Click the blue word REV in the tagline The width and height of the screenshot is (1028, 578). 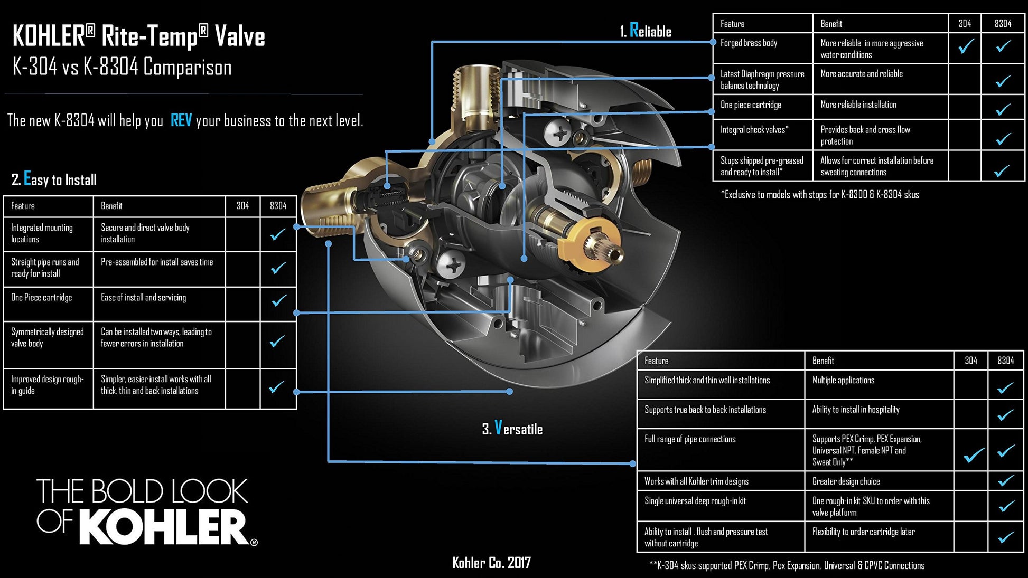click(x=181, y=121)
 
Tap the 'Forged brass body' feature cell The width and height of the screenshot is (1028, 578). click(x=749, y=43)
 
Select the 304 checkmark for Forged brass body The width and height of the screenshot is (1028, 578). click(x=966, y=47)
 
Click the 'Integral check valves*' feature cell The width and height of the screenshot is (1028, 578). click(x=754, y=130)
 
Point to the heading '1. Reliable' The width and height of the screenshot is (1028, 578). click(x=646, y=31)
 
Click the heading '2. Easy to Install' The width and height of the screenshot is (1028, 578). click(x=54, y=179)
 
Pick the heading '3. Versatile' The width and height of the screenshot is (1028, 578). click(x=512, y=429)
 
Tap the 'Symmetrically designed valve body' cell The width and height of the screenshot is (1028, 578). click(x=47, y=338)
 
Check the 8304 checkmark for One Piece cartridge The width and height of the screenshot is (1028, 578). click(x=279, y=300)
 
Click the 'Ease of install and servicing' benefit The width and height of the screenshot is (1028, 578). click(x=143, y=298)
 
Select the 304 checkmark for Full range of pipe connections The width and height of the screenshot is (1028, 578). click(x=973, y=454)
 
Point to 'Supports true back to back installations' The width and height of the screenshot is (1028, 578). click(x=705, y=410)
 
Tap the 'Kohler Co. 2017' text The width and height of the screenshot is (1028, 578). click(x=491, y=563)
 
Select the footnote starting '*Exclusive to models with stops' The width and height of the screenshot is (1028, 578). click(x=819, y=195)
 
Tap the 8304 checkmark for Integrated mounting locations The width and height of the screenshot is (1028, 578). click(x=278, y=234)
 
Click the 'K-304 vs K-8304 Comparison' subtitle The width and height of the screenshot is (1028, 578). click(x=122, y=68)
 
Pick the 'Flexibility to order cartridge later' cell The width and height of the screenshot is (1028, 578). click(x=863, y=532)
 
